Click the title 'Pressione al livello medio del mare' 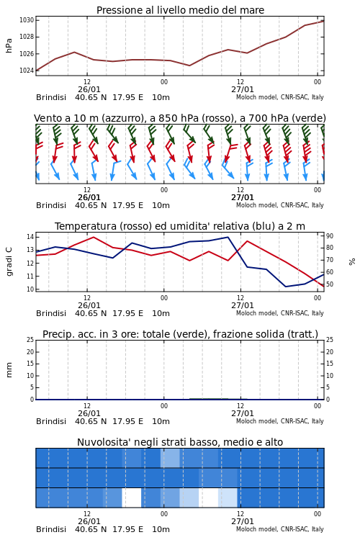coord(180,10)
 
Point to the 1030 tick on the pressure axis coord(27,20)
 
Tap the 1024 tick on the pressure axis coord(27,71)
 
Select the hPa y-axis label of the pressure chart coord(9,45)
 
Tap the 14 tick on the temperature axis coord(30,237)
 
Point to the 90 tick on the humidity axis coord(330,236)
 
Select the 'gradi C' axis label coord(9,262)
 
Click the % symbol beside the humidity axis coord(352,262)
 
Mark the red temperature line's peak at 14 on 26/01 coord(94,237)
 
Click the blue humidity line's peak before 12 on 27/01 coord(228,237)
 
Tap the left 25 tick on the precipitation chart coord(30,340)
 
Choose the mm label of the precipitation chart coord(9,370)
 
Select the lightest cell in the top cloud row coord(170,458)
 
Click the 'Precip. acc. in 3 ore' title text coord(91,334)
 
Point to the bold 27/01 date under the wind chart coord(242,198)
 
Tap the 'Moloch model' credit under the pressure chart coord(256,97)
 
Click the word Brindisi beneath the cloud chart coord(51,529)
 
